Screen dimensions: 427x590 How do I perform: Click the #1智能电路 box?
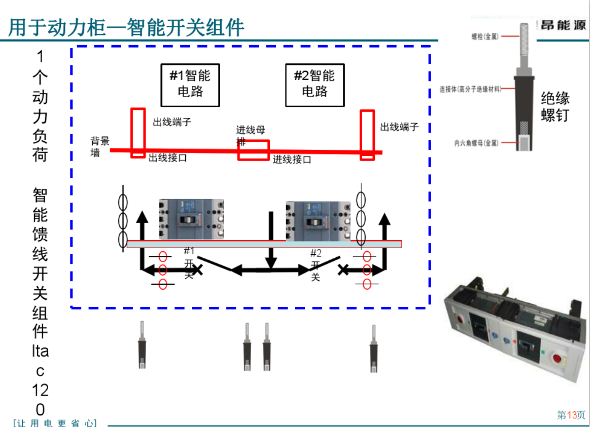[190, 85]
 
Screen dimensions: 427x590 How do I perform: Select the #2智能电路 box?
[315, 85]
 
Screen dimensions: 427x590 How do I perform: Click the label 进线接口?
[292, 160]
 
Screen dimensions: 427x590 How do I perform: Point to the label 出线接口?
[167, 158]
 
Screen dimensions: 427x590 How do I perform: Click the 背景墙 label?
[99, 146]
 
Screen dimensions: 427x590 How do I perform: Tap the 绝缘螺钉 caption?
[555, 106]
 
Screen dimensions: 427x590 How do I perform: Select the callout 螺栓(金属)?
[484, 36]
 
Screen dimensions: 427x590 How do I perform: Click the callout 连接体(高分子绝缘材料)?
[470, 89]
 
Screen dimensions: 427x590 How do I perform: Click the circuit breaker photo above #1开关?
[191, 219]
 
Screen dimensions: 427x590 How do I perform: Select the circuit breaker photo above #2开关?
[318, 221]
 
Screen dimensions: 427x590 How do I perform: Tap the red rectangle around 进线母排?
[254, 150]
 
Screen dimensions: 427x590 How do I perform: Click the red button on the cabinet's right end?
[557, 360]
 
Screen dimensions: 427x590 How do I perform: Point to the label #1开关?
[189, 262]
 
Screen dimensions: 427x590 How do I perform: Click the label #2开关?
[316, 265]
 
